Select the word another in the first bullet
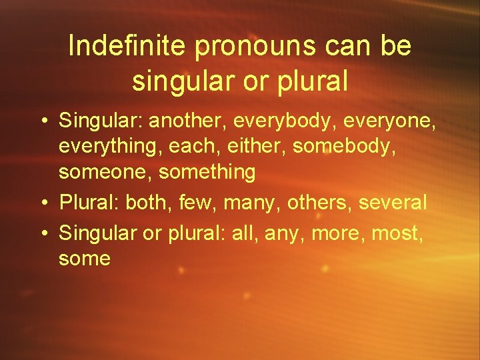[189, 121]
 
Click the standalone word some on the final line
[84, 258]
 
